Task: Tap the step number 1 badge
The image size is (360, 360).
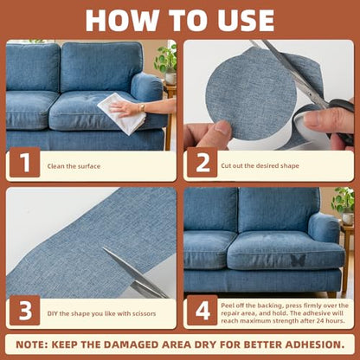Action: [25, 163]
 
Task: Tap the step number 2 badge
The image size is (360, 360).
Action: [202, 163]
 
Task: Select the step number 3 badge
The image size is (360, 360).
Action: [25, 310]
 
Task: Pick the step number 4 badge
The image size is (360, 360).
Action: [202, 310]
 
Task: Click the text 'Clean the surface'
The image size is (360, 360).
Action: [74, 166]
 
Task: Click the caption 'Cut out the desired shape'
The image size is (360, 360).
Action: [260, 166]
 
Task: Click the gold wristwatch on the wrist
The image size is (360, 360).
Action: [142, 107]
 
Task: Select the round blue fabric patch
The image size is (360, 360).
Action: [250, 93]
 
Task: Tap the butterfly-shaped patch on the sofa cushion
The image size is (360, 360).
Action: [298, 260]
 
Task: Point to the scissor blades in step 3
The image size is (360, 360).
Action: [135, 273]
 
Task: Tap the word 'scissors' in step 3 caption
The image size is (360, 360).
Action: [144, 313]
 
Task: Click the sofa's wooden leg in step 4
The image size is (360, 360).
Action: [331, 294]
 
